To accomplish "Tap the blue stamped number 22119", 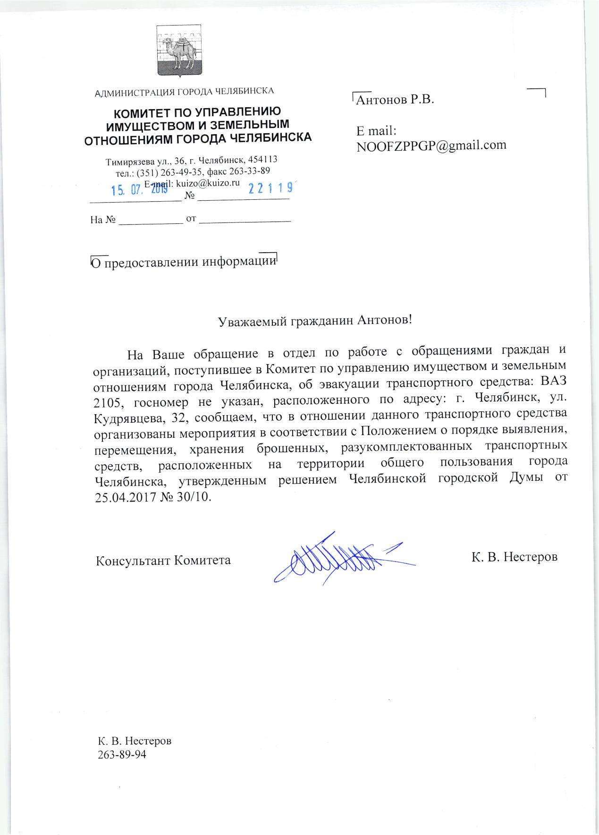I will click(x=270, y=188).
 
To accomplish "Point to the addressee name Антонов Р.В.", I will click(x=395, y=100).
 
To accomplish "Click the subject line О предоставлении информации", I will click(x=183, y=262).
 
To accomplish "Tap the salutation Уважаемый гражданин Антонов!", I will click(x=315, y=321).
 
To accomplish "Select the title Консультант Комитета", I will click(x=163, y=561).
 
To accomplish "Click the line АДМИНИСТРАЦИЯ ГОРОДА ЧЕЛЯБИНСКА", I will click(x=185, y=91).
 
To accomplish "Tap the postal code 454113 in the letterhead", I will click(x=266, y=160).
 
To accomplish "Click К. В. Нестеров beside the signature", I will click(x=514, y=557).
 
